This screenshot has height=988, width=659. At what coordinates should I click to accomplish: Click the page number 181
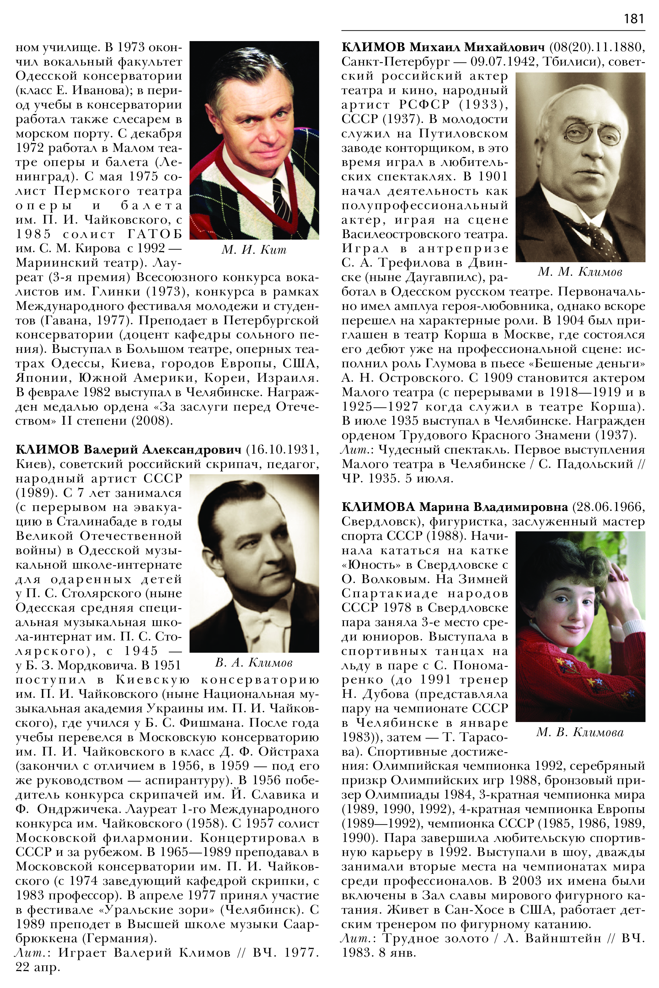(634, 19)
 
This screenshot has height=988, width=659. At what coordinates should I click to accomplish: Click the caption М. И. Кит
(254, 250)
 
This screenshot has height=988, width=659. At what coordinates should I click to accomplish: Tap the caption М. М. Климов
(580, 272)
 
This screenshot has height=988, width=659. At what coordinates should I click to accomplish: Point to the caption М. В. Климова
(580, 732)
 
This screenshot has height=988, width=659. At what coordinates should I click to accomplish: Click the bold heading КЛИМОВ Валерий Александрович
(128, 449)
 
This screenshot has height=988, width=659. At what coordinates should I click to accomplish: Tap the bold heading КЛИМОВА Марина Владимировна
(455, 507)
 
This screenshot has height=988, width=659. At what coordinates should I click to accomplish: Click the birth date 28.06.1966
(608, 507)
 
